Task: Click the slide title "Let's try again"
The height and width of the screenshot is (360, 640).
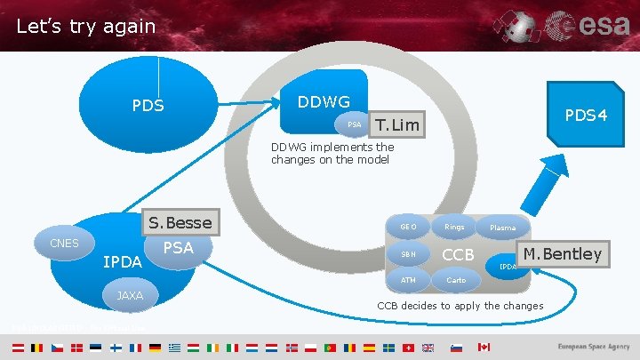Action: click(85, 27)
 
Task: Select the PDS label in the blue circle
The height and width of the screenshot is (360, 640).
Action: click(148, 106)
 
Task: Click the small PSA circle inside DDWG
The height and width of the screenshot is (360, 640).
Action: click(354, 124)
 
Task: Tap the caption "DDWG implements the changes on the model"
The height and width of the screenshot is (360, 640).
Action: click(332, 153)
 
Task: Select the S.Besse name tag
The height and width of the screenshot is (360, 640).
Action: click(180, 222)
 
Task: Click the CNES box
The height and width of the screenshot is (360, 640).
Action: click(64, 244)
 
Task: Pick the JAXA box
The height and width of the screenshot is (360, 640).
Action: click(130, 295)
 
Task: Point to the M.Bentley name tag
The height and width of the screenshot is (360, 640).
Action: click(563, 254)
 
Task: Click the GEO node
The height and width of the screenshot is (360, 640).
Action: click(408, 227)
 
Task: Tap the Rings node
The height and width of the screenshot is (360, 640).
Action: click(454, 227)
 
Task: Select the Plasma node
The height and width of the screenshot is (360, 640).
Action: click(502, 228)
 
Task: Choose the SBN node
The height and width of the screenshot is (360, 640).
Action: click(408, 254)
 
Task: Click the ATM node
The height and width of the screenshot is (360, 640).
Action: click(408, 280)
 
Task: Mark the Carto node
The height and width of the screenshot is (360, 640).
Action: click(455, 280)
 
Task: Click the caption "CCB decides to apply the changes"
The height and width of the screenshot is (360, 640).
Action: click(460, 306)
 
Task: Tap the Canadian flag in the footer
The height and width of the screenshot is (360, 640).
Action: click(484, 347)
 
